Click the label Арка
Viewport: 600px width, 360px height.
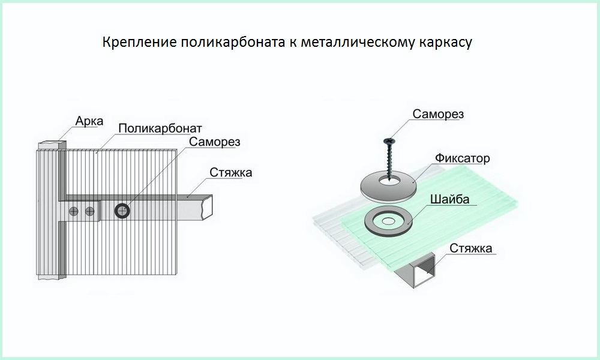[89, 121]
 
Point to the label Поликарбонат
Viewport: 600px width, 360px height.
[160, 128]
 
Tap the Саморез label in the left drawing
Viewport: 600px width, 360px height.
[214, 142]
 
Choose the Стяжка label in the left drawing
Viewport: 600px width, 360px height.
[231, 173]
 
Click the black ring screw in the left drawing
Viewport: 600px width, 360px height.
[122, 211]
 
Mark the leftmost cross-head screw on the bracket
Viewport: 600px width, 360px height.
[74, 211]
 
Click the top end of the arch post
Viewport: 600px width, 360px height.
[50, 145]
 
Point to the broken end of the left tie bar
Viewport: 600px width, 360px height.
[208, 208]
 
